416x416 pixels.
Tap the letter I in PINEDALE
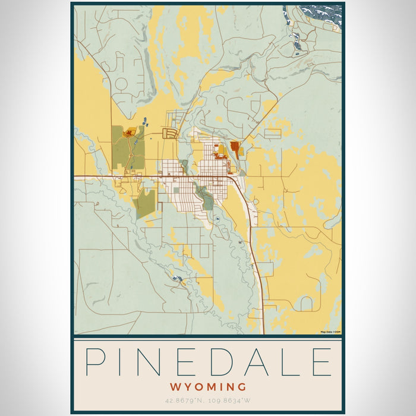(128, 362)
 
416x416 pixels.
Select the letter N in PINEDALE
(159, 362)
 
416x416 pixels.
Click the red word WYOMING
(207, 387)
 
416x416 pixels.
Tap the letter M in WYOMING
(216, 387)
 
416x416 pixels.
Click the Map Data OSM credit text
(330, 332)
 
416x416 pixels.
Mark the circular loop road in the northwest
(121, 84)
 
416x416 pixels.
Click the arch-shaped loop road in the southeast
(307, 304)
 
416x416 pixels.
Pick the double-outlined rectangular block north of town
(171, 133)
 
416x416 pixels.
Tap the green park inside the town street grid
(206, 199)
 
